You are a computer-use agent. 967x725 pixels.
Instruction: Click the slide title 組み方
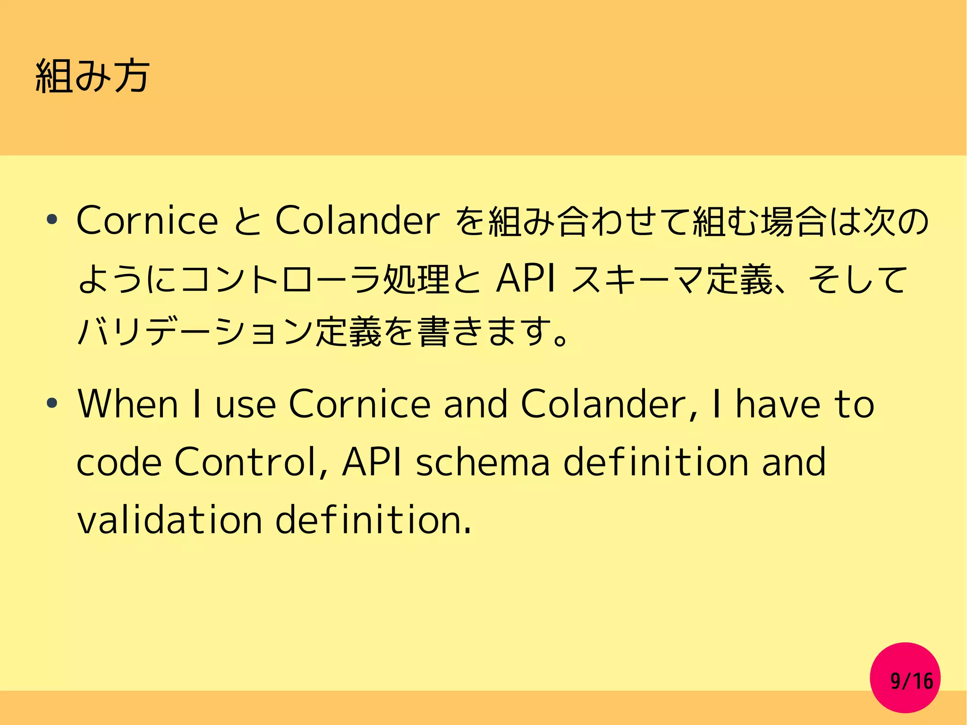pos(93,77)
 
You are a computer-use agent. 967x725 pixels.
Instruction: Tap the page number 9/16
pos(911,681)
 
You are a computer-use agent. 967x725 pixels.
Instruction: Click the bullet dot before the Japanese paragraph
pos(52,220)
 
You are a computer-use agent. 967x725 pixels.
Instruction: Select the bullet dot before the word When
pos(52,404)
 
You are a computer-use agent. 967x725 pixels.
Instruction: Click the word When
pos(128,404)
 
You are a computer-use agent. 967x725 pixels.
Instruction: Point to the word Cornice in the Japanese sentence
pos(147,221)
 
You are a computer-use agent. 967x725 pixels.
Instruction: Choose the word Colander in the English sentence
pos(603,404)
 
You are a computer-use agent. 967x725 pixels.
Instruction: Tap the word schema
pos(483,462)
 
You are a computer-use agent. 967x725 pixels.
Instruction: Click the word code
pos(119,462)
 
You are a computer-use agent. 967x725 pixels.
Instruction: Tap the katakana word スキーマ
pos(637,279)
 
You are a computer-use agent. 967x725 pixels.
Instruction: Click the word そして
pos(857,279)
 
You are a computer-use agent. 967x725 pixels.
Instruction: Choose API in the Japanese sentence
pos(526,279)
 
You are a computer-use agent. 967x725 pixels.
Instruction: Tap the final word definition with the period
pos(373,520)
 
